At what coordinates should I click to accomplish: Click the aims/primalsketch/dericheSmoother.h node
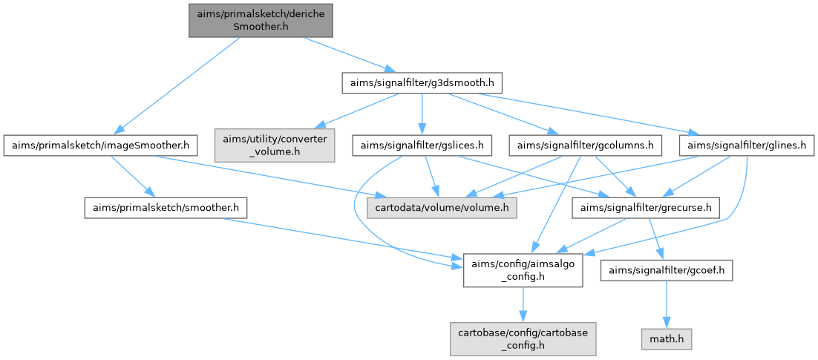click(260, 20)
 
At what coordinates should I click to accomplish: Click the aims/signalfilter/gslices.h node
click(422, 145)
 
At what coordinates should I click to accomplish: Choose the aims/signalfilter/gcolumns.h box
click(585, 145)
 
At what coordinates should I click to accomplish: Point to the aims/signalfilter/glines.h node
click(747, 145)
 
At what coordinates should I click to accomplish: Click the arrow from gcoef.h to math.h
click(667, 304)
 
